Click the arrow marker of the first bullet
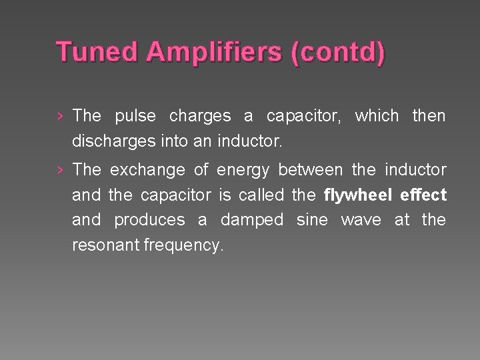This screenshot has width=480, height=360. click(x=61, y=116)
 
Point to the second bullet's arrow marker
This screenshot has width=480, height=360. click(x=61, y=170)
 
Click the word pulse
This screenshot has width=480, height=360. click(x=135, y=116)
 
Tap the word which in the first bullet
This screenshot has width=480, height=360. click(x=375, y=116)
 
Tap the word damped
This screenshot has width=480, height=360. click(x=251, y=220)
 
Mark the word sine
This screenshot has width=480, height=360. click(x=311, y=220)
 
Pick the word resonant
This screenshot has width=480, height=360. click(x=105, y=245)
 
